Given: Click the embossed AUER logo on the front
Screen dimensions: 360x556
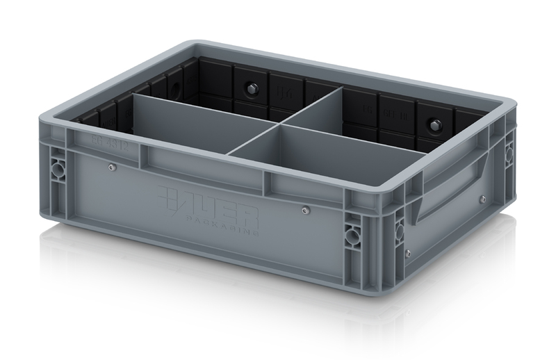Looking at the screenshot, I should pos(208,201).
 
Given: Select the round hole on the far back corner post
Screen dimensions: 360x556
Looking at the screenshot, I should pos(509,148).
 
